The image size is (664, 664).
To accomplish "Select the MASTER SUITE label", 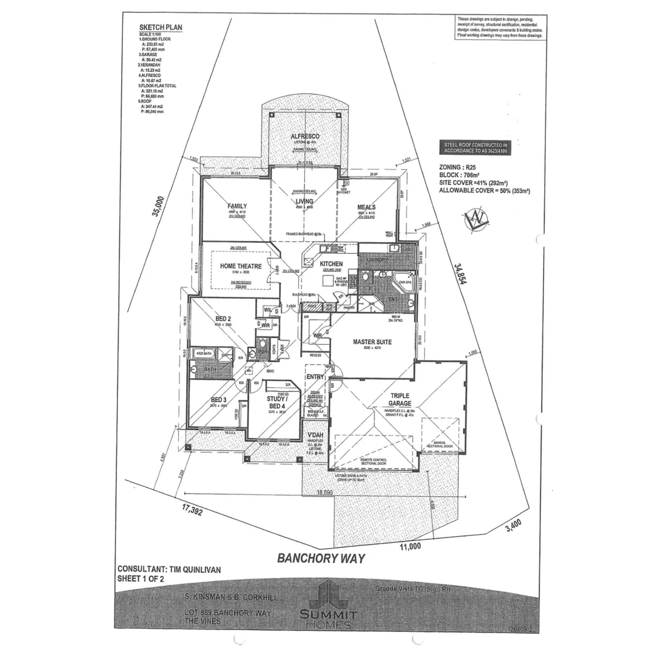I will [x=373, y=341].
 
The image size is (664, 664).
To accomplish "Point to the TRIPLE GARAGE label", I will [x=400, y=400].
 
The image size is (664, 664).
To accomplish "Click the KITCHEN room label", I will [x=331, y=264].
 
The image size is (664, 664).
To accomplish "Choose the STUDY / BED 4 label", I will [x=276, y=402].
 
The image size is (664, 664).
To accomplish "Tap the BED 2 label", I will [x=223, y=318].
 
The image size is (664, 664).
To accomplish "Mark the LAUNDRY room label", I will [x=377, y=260].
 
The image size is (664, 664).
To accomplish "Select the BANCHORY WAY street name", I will [x=321, y=558].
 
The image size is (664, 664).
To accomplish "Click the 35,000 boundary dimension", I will [x=159, y=207].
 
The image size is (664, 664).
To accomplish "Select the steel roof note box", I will [x=476, y=148].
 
